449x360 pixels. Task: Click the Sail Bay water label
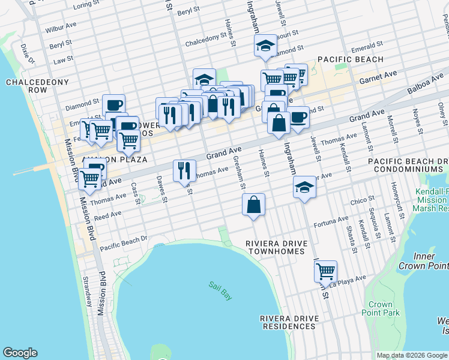tap(220, 290)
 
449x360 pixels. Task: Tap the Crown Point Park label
tap(381, 308)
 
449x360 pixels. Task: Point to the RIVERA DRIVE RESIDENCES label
tap(288, 322)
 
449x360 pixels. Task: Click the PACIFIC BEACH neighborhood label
tap(350, 59)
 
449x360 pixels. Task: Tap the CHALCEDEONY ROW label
tap(26, 86)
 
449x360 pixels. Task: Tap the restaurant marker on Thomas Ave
tap(184, 170)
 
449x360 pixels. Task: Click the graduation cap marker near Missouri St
tap(264, 46)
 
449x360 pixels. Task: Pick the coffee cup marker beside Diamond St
tap(113, 105)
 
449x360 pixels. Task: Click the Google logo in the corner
tap(20, 353)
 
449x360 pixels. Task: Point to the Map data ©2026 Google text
tap(411, 355)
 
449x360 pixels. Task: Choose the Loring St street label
tap(86, 5)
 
